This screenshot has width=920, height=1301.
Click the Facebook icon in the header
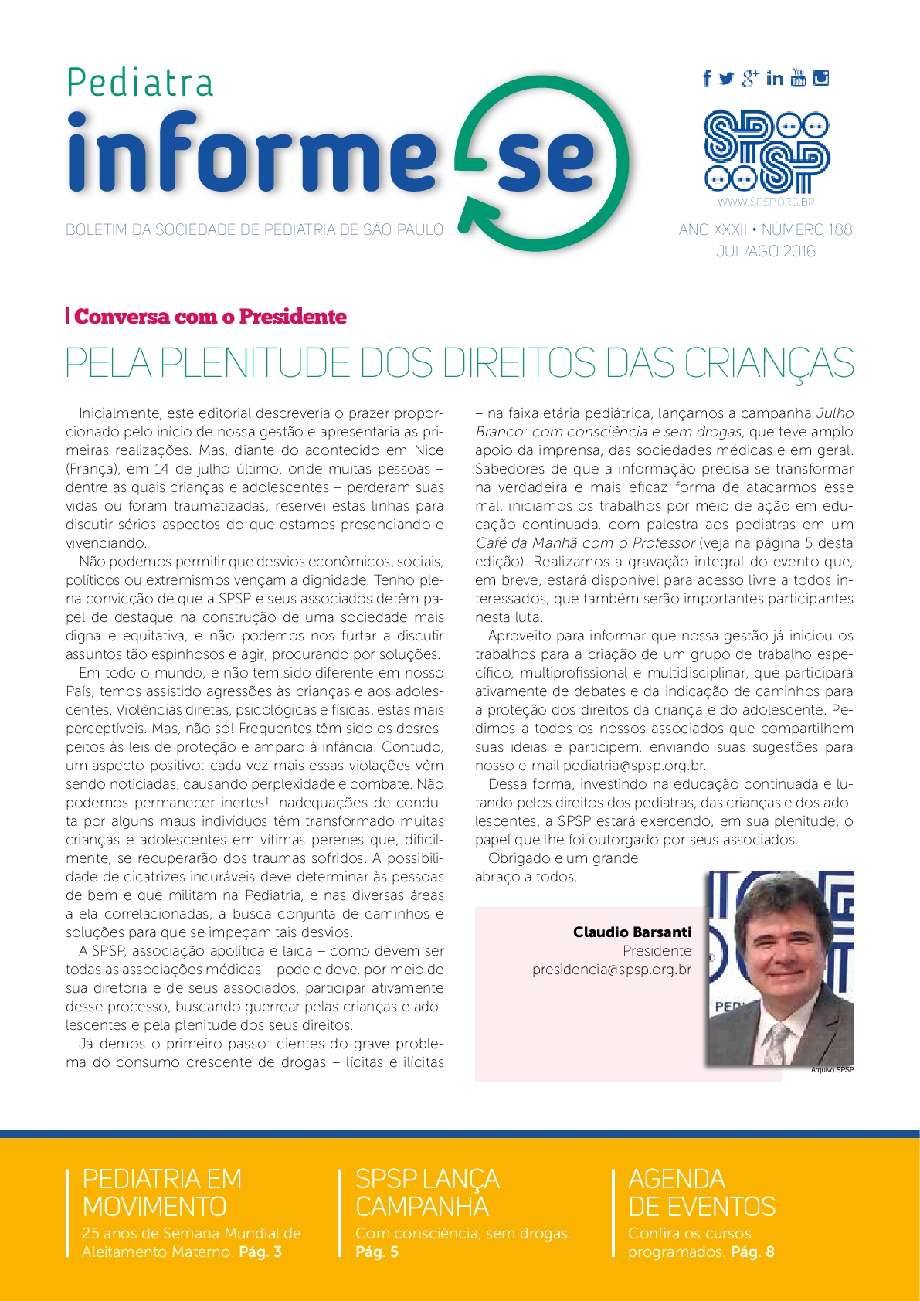coord(707,78)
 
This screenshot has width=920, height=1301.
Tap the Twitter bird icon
coord(726,78)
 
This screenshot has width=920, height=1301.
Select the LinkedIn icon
coord(775,78)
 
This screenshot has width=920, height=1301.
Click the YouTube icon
coord(799,77)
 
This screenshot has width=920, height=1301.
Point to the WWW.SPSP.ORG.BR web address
coord(766,202)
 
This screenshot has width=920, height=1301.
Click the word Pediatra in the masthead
coord(140,83)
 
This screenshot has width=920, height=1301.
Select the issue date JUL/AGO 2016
coord(766,251)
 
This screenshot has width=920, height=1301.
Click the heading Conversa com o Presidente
coord(210,317)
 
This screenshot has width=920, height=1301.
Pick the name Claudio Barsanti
coord(632,932)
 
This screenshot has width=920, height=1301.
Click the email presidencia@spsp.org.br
coord(611,970)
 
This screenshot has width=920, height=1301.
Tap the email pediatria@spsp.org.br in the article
coord(634,766)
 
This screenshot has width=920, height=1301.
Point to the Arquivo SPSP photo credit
coord(832,1070)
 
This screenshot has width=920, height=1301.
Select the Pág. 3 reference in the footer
coord(260,1252)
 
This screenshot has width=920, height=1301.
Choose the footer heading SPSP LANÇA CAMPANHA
coord(427,1193)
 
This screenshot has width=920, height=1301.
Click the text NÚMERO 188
coord(807,229)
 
